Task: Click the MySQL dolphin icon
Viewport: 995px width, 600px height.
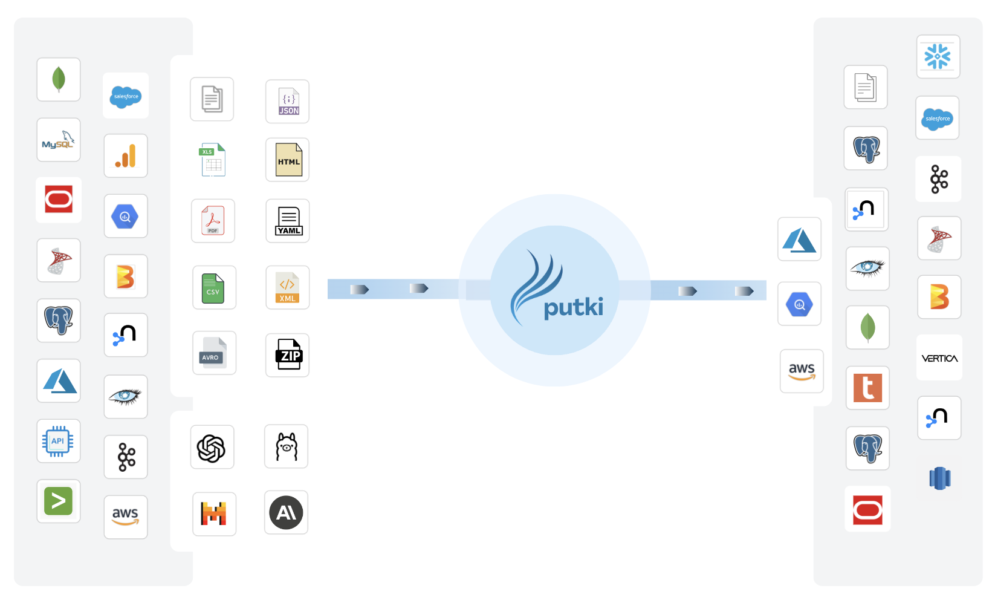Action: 59,140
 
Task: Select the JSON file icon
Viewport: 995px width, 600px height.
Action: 288,102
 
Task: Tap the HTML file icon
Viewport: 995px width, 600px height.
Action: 288,160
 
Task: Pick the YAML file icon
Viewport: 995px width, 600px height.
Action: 288,221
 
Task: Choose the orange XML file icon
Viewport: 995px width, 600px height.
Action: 288,287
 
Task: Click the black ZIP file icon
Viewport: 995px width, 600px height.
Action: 288,355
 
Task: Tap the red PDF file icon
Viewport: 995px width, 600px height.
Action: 213,221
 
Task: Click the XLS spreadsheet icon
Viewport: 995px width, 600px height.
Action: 213,160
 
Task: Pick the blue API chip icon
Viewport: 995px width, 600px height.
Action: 59,441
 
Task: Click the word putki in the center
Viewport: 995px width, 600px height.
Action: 573,307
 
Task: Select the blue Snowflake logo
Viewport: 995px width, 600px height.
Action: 938,57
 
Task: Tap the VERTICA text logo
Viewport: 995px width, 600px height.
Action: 939,358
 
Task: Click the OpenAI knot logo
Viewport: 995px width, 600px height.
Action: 212,448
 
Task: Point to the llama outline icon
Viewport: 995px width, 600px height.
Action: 287,446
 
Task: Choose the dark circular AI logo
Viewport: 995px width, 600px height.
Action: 286,513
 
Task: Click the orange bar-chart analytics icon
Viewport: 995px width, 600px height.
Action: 126,156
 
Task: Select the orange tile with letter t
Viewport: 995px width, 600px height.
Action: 867,388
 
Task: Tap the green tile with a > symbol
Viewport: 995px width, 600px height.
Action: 59,501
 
